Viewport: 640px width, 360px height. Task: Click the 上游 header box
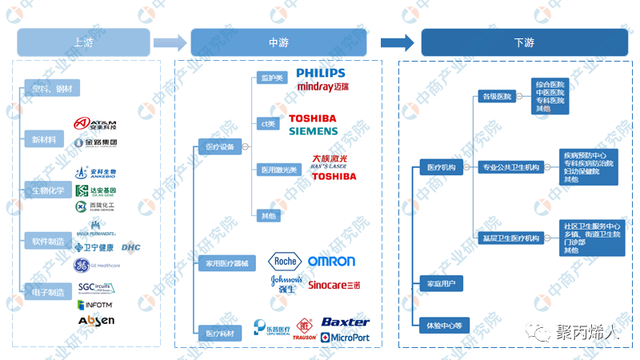tap(83, 42)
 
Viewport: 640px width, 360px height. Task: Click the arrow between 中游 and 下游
tap(397, 42)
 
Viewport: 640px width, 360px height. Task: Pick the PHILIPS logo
tap(320, 73)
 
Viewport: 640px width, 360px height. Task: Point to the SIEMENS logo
tap(314, 130)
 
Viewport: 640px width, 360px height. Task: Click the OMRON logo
tap(331, 262)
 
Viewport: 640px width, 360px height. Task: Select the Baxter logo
tap(345, 322)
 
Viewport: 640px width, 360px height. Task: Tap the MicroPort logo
tap(345, 338)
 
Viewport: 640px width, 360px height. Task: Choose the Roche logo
tap(284, 261)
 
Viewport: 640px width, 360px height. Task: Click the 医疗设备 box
tap(220, 147)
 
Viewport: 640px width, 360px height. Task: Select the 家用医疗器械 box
tap(227, 263)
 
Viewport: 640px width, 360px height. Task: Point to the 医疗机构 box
tap(442, 167)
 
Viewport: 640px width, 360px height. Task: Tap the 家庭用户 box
tap(441, 283)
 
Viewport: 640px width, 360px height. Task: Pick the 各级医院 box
tap(496, 97)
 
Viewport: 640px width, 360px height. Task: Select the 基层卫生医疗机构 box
tap(511, 238)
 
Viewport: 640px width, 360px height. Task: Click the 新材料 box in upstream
tap(44, 139)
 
